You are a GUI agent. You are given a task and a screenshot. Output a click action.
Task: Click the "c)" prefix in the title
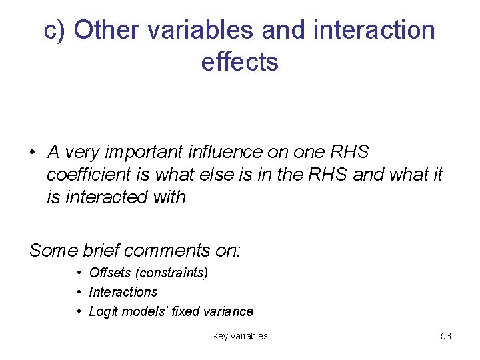(55, 31)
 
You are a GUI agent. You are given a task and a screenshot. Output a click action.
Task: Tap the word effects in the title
(239, 62)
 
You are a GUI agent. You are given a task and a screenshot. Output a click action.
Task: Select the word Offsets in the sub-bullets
(107, 273)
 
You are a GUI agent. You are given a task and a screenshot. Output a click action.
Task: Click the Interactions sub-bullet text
(123, 292)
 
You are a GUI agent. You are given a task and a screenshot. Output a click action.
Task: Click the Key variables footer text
(239, 337)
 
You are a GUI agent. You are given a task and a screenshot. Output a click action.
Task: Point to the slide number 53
(446, 337)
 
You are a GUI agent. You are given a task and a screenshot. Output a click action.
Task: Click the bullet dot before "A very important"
(33, 153)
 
